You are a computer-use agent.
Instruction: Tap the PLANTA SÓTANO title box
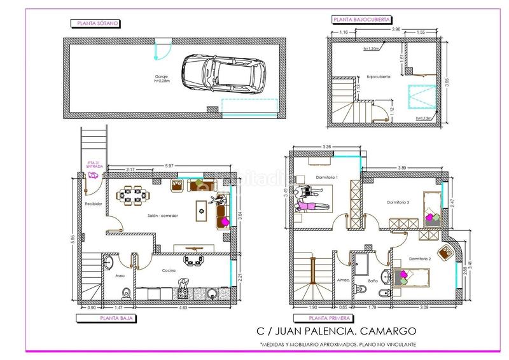95,24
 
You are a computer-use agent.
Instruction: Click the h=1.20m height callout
371,48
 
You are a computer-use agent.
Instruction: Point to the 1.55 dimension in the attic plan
421,31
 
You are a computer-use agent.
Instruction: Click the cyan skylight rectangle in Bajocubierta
421,99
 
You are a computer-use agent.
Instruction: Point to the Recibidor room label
94,204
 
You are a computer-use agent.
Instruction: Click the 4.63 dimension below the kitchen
183,307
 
